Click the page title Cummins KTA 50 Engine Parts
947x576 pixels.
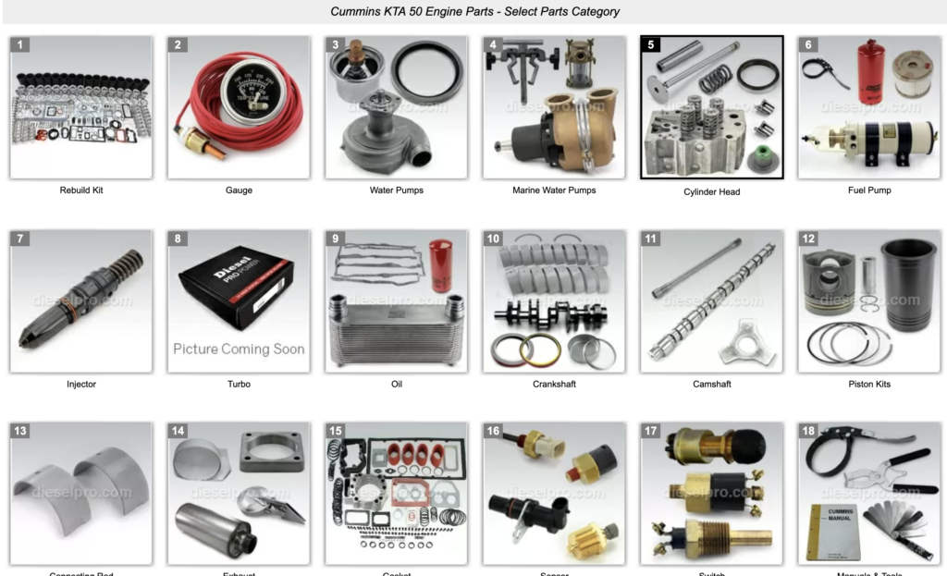[474, 12]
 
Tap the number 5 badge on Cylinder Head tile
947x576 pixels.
[651, 44]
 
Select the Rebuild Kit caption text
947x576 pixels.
[81, 190]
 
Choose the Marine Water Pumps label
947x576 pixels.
[554, 190]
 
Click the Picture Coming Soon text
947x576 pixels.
[239, 349]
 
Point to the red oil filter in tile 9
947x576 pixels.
[440, 265]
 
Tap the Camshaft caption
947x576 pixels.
[711, 384]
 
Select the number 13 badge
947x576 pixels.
[20, 431]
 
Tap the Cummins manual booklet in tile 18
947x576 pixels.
[832, 532]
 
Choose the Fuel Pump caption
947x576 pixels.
[869, 190]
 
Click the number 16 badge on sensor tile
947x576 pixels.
[494, 431]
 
